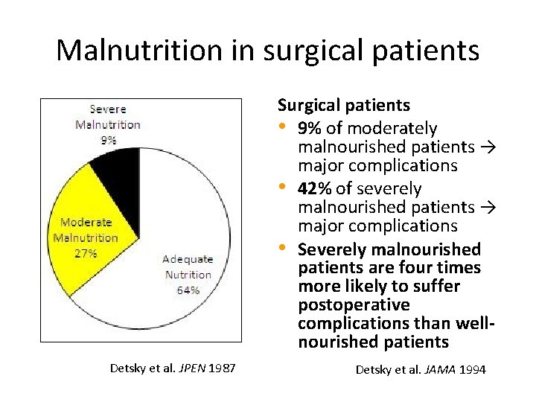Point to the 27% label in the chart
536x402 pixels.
[x=85, y=253]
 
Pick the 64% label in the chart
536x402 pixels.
[x=188, y=290]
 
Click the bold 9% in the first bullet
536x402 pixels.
[x=310, y=129]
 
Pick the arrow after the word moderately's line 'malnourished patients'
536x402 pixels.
[x=487, y=147]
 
